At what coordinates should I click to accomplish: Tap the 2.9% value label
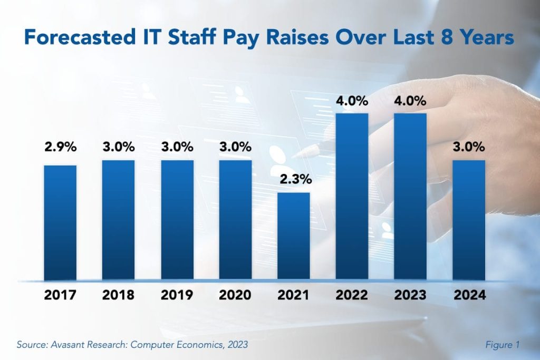tap(60, 148)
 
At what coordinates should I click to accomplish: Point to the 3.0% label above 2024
tap(469, 147)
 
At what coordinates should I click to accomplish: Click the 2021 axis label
tap(294, 295)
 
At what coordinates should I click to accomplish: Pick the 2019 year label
tap(177, 295)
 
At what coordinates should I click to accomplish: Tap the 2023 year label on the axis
tap(411, 295)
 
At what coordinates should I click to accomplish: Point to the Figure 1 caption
tap(502, 345)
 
